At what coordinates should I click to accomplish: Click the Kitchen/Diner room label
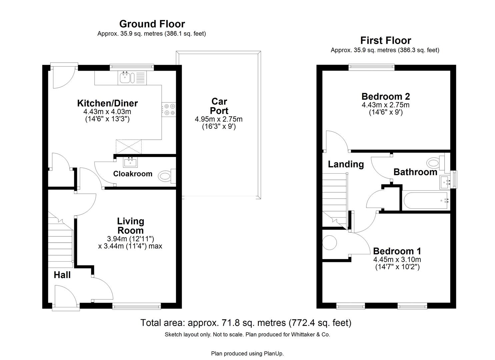click(107, 103)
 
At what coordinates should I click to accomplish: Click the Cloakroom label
click(132, 174)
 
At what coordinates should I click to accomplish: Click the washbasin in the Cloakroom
click(130, 162)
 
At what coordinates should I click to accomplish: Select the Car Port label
click(219, 106)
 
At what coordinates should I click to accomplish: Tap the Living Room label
click(130, 226)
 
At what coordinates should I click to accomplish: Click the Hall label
click(62, 275)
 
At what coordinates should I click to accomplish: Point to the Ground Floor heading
click(152, 24)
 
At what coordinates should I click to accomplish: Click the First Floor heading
click(385, 40)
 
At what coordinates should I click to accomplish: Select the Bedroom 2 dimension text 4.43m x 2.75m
click(385, 105)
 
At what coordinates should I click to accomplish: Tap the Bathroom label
click(415, 172)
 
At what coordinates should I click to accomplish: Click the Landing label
click(346, 164)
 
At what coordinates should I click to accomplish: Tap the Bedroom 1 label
click(397, 251)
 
